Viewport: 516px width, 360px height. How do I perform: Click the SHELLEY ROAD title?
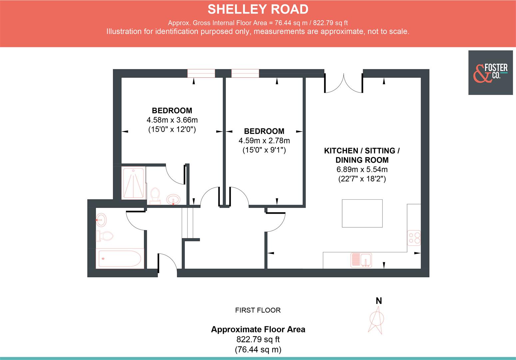[x=258, y=9]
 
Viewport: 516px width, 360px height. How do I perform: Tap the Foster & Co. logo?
[x=490, y=73]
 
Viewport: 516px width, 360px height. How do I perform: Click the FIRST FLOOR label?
[x=258, y=310]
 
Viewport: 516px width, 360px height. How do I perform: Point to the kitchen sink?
[x=361, y=260]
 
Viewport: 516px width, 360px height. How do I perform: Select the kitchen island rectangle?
[x=362, y=213]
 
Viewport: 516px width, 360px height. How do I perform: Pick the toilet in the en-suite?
[x=155, y=195]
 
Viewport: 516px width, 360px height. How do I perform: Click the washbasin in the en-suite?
[x=173, y=200]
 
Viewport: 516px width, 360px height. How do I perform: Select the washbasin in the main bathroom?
[x=101, y=220]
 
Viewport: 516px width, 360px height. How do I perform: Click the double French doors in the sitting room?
[x=343, y=83]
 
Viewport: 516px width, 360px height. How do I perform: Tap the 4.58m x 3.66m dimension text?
[x=172, y=120]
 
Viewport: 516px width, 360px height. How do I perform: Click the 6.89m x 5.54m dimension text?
[x=362, y=169]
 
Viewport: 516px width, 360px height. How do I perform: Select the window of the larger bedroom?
[x=201, y=73]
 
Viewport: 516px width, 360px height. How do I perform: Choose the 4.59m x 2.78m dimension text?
[x=264, y=140]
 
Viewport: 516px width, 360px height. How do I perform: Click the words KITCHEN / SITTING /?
[x=362, y=151]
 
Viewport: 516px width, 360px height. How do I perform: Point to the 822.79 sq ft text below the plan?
[x=258, y=340]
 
